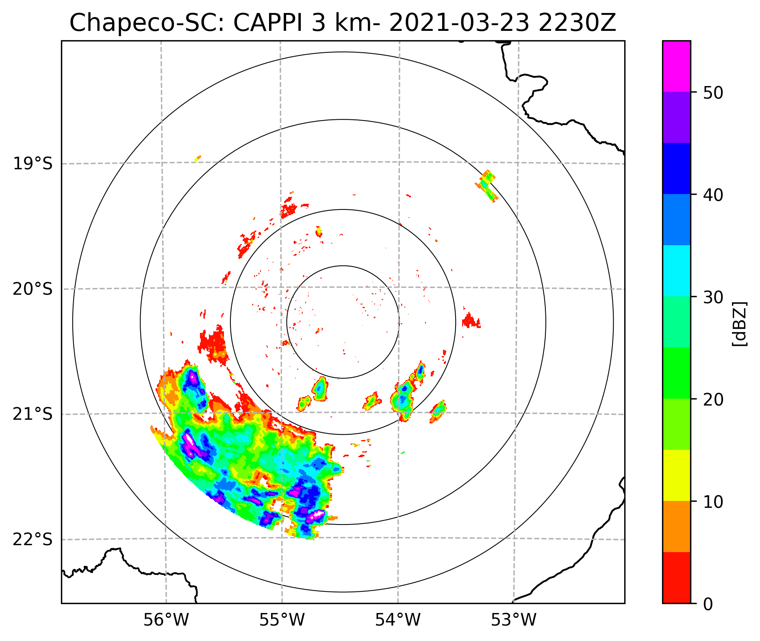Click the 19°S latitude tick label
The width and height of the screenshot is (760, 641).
click(x=33, y=164)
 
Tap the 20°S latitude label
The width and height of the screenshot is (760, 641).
click(x=33, y=289)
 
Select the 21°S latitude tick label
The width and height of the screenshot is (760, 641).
click(x=33, y=414)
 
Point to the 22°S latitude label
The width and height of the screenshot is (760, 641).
click(x=33, y=540)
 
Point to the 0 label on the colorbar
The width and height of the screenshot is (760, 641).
click(x=708, y=605)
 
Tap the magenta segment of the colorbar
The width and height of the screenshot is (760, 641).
click(x=676, y=66)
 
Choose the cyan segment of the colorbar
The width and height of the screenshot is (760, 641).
click(x=676, y=271)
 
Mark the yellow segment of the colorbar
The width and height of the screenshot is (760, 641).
click(x=676, y=475)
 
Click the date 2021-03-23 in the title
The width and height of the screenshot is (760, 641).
click(x=460, y=23)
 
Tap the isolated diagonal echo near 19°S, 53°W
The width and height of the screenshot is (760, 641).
click(x=487, y=186)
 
